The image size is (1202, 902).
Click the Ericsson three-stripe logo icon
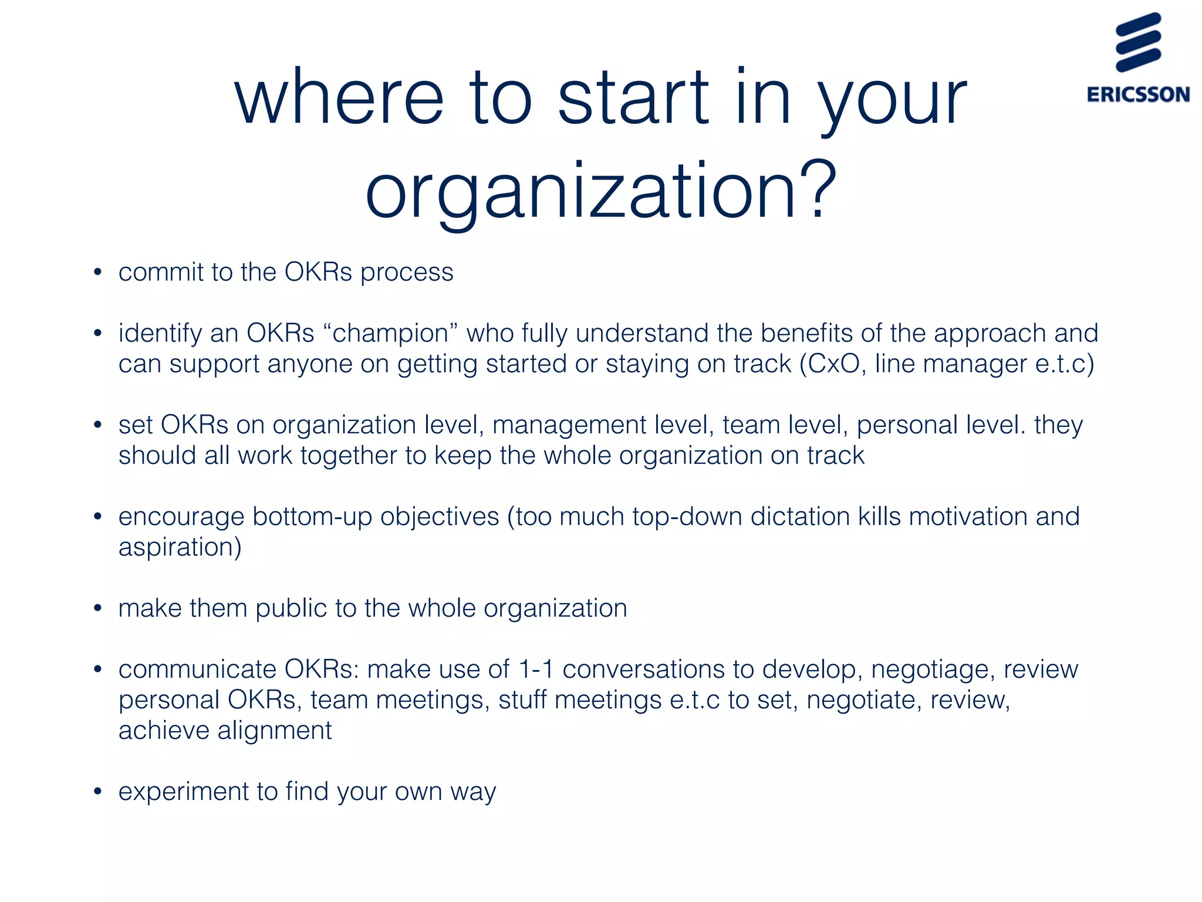pyautogui.click(x=1138, y=43)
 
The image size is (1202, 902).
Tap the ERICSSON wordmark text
pyautogui.click(x=1138, y=95)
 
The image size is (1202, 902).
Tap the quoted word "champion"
pyautogui.click(x=390, y=334)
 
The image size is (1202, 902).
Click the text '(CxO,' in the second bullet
pyautogui.click(x=833, y=364)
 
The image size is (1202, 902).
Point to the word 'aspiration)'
pyautogui.click(x=180, y=547)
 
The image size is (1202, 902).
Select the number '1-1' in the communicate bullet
pyautogui.click(x=536, y=669)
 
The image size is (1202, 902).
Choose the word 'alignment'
pyautogui.click(x=275, y=731)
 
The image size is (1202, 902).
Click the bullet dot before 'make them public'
pyautogui.click(x=98, y=608)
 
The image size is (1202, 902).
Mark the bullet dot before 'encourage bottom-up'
pyautogui.click(x=98, y=517)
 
